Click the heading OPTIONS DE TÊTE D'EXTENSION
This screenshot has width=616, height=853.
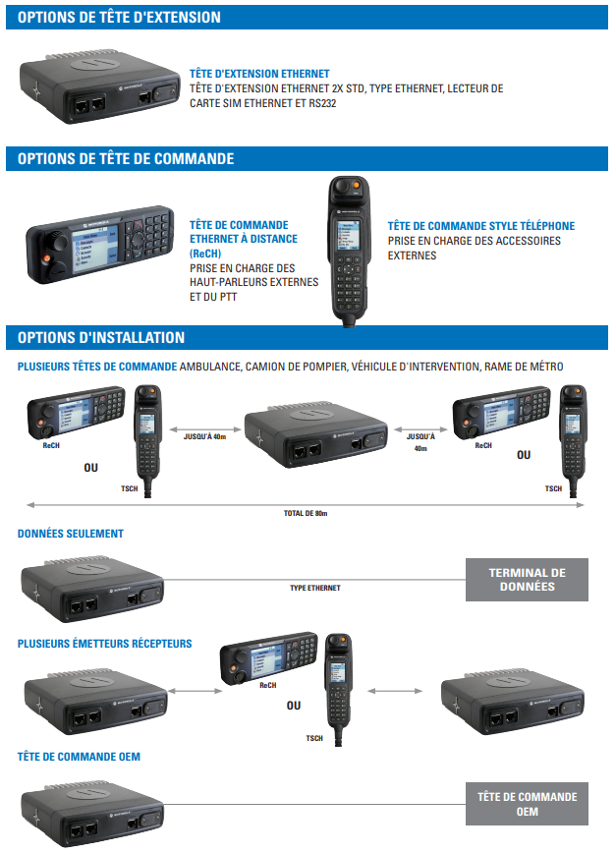point(119,18)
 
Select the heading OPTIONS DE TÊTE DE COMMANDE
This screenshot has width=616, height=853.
point(125,158)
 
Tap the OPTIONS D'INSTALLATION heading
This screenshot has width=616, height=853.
point(101,337)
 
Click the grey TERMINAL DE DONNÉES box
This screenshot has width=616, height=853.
point(527,580)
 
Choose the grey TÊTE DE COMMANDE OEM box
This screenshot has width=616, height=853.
point(527,804)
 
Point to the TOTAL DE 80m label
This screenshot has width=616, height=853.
point(306,513)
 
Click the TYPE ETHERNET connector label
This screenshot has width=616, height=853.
point(314,588)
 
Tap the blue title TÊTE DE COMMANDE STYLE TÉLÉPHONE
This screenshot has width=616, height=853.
point(481,226)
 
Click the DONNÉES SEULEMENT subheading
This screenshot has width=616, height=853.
point(71,534)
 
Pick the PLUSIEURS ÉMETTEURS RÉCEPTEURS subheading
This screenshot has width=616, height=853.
point(105,644)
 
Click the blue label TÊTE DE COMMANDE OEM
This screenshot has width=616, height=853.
point(80,756)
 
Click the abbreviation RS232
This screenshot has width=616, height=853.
point(320,102)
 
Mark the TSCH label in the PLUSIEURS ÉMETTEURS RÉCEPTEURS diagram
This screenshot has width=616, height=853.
point(314,738)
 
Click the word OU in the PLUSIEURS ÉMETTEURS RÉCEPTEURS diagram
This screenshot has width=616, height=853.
point(294,705)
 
